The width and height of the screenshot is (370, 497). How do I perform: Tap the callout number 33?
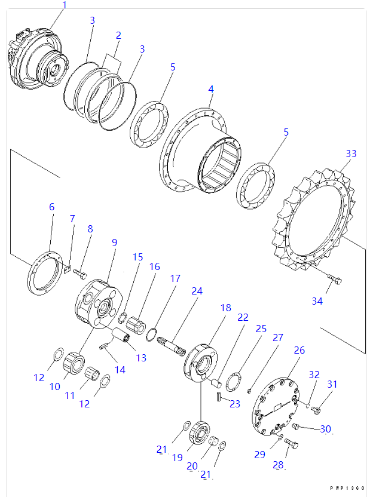point(351,154)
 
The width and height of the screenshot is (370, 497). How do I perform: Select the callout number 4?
point(210,89)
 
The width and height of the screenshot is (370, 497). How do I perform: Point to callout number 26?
point(299,350)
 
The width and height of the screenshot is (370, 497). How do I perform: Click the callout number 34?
point(317,301)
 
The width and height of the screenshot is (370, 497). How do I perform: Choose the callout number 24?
point(197,291)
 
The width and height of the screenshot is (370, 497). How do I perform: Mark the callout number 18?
point(225,308)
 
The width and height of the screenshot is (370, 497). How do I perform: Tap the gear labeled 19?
point(198,432)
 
